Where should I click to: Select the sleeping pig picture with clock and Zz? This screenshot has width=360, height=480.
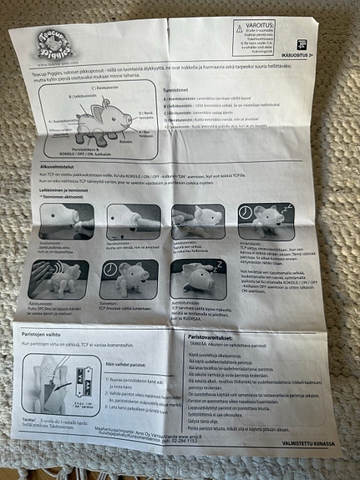tap(264, 220)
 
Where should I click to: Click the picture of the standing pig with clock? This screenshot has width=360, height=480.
tap(129, 278)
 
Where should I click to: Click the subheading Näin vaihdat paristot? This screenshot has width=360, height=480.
tap(125, 364)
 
